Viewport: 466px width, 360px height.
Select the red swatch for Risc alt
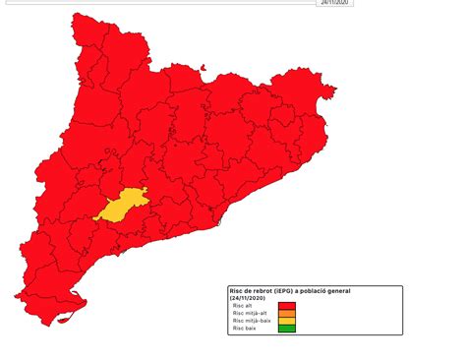[286, 305]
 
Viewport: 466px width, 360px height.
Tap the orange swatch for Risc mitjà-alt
[286, 313]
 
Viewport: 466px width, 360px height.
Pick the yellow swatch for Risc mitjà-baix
[286, 321]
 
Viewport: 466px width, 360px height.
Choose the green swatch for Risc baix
[286, 329]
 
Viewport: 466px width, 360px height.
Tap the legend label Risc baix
[243, 329]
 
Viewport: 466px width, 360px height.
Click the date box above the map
[334, 3]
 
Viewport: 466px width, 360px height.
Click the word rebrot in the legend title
[272, 291]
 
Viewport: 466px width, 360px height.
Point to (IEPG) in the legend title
[297, 291]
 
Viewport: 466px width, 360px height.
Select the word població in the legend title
[335, 291]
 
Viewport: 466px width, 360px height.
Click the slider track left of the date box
[157, 3]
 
